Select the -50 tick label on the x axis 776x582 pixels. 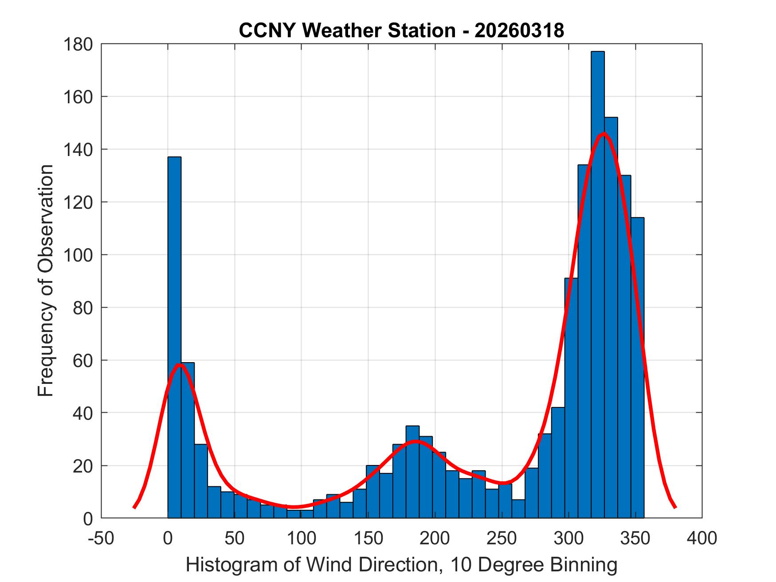[x=102, y=538]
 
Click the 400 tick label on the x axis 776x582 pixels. [x=702, y=538]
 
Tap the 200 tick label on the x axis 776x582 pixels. [x=435, y=538]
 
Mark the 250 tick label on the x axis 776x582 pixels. [x=502, y=538]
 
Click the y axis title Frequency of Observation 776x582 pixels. [x=46, y=281]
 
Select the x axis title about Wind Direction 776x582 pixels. [x=401, y=565]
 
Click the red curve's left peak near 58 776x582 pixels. [x=179, y=364]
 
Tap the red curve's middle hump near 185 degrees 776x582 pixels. [x=415, y=441]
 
